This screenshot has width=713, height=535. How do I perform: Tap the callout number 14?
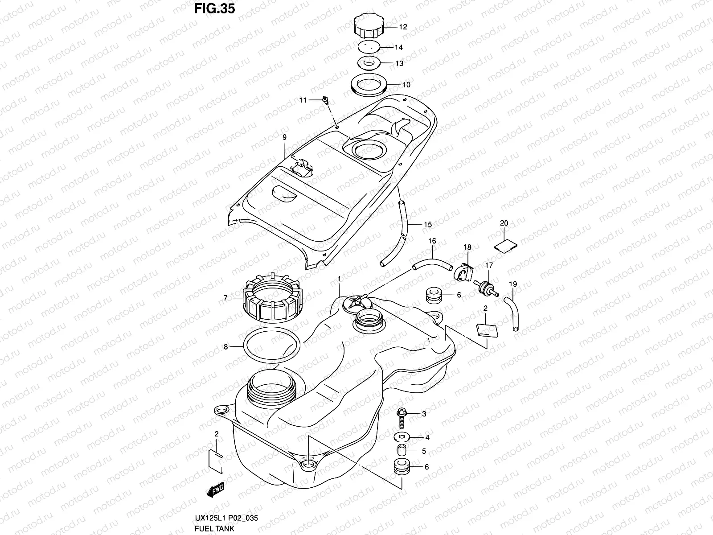click(x=398, y=47)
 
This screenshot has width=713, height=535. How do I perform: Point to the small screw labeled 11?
click(x=325, y=99)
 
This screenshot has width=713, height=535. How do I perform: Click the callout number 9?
click(x=284, y=137)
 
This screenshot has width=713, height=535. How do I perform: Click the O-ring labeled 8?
click(x=272, y=346)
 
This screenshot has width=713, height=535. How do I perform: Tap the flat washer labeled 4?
click(x=402, y=437)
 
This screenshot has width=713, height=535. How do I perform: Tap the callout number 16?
click(x=432, y=241)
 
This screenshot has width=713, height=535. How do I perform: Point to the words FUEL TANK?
click(x=214, y=528)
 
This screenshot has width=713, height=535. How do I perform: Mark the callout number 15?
click(x=427, y=225)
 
